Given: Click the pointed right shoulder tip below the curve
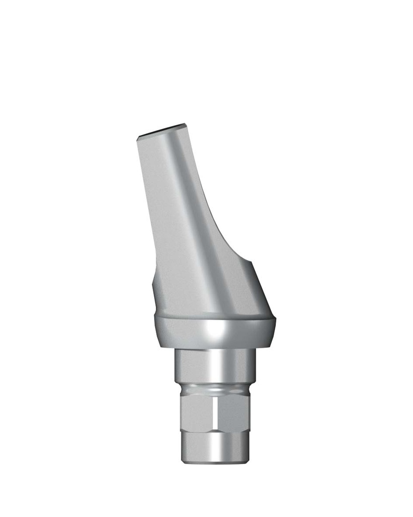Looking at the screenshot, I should point(251,261).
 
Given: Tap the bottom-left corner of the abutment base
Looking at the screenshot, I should point(183,460).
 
